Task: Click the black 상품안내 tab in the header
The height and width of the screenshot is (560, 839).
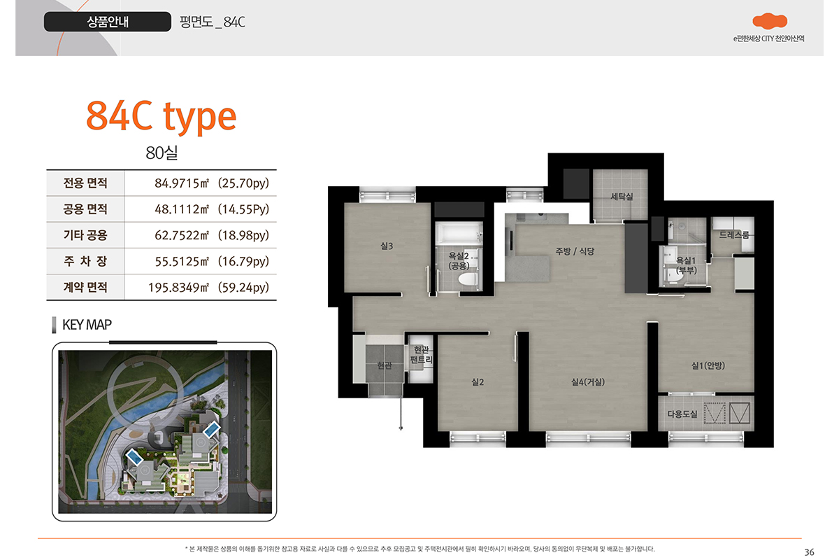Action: (x=108, y=22)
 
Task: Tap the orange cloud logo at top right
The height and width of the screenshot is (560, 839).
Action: (x=770, y=21)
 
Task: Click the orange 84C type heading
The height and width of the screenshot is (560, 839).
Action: (x=162, y=116)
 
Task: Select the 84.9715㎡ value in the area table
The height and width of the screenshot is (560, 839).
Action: (x=182, y=183)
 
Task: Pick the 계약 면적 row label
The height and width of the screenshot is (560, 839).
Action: (x=85, y=287)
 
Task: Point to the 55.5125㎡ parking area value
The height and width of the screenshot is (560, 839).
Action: (x=182, y=261)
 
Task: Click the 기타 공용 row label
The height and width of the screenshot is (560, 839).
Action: (x=85, y=235)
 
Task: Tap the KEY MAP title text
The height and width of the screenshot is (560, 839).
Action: (x=87, y=324)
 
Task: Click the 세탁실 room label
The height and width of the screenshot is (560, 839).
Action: (x=622, y=196)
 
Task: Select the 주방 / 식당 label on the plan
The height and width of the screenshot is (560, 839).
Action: (x=575, y=251)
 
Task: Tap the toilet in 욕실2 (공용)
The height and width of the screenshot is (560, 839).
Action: (x=468, y=279)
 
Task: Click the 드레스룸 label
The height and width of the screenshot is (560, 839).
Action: (x=733, y=234)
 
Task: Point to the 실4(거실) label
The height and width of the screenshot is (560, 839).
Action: (x=588, y=381)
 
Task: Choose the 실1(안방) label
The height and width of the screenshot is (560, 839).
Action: (x=708, y=365)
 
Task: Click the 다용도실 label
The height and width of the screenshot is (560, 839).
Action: (x=682, y=414)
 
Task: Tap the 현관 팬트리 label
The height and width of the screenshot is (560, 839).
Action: (x=422, y=355)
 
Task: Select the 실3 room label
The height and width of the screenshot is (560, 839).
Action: (x=387, y=246)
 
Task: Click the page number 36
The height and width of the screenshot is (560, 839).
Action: (x=809, y=552)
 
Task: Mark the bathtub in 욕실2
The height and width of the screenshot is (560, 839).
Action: (x=459, y=233)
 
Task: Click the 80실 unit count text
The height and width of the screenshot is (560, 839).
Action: (x=162, y=153)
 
